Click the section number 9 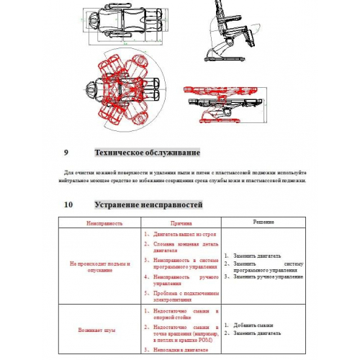point(66,153)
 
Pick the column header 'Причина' point(181,224)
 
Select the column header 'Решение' point(263,222)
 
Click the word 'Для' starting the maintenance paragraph point(69,173)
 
